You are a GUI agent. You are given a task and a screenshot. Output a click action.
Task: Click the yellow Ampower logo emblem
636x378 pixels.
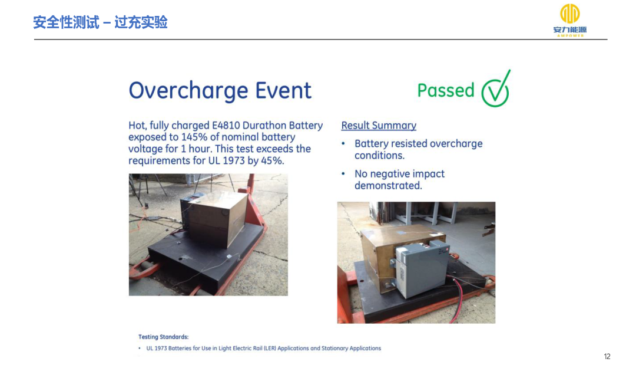(x=570, y=14)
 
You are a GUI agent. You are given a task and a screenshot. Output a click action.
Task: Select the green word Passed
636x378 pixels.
(x=446, y=90)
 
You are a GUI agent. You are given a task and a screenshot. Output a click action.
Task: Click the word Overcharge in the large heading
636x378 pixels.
(x=188, y=91)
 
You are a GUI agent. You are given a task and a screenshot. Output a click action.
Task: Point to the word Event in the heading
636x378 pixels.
(x=283, y=90)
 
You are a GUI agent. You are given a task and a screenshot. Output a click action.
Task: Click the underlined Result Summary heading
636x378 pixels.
(x=379, y=126)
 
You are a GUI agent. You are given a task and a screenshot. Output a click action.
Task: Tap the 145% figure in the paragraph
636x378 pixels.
(x=194, y=137)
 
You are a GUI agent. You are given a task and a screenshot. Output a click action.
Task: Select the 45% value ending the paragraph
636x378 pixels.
(x=272, y=160)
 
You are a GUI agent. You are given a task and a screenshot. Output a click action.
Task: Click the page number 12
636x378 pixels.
(x=607, y=357)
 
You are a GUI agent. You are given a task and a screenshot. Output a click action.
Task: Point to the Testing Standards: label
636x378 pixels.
(x=164, y=337)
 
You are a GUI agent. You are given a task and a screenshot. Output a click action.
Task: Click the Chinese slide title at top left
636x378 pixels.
(x=100, y=22)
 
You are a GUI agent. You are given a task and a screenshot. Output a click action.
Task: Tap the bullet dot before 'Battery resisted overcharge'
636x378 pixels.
(x=343, y=143)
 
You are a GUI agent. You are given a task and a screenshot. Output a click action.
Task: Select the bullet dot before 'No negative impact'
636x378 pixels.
(x=343, y=174)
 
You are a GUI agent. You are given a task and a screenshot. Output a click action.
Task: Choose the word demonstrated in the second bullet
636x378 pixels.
(x=388, y=186)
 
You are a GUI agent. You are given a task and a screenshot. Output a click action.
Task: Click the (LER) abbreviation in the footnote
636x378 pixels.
(x=270, y=349)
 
